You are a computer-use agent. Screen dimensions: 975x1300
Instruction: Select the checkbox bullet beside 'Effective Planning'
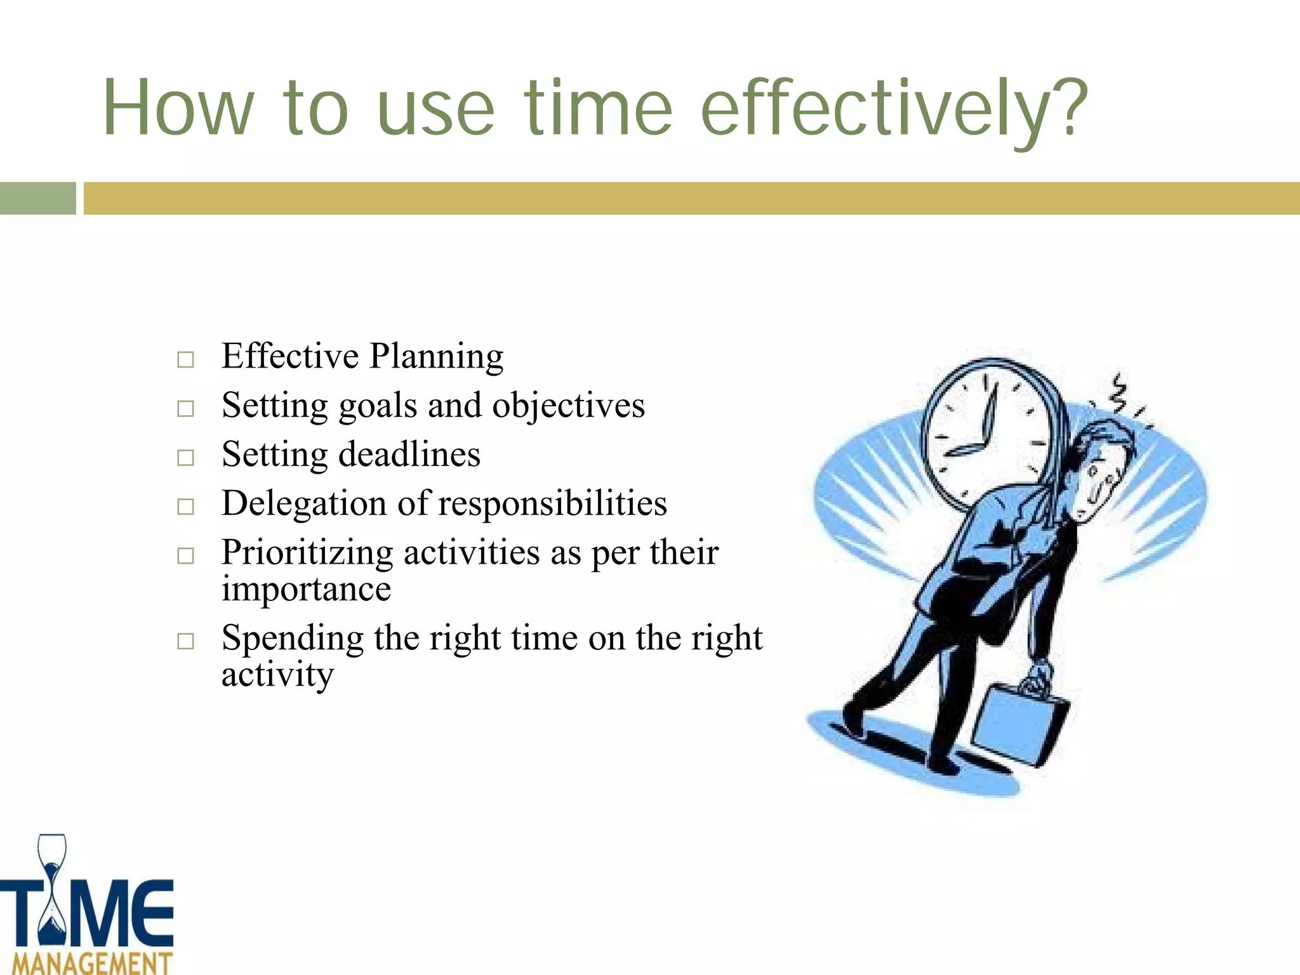coord(185,360)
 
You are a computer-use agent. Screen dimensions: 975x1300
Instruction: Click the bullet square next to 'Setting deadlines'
coord(185,458)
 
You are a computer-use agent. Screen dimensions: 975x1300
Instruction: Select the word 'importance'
coord(306,589)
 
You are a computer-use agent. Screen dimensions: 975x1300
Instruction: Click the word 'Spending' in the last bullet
coord(292,639)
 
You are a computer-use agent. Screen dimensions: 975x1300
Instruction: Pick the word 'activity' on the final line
coord(277,675)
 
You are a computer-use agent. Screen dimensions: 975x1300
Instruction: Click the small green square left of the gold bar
coord(37,198)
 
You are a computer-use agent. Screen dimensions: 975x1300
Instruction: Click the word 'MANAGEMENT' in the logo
coord(93,962)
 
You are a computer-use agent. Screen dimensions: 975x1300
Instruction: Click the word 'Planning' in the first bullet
coord(437,357)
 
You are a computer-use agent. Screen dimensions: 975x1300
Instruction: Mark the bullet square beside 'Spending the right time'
coord(185,641)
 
